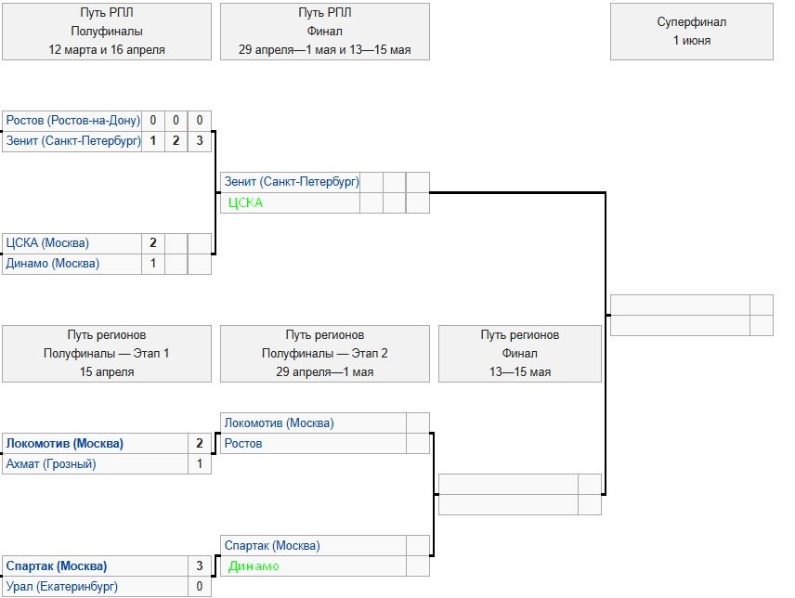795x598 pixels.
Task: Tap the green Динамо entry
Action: pos(254,565)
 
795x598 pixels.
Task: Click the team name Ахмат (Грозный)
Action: pos(51,463)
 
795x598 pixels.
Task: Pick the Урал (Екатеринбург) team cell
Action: pos(62,586)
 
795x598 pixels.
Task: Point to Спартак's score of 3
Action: pos(200,565)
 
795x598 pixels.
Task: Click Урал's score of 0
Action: pos(200,586)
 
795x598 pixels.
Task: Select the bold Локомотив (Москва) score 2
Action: pos(200,443)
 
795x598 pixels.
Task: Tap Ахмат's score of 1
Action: pos(200,463)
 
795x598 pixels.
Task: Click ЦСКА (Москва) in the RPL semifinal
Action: pos(47,243)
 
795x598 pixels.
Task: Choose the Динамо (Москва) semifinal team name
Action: pos(52,264)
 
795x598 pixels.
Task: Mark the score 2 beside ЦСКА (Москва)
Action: pos(153,243)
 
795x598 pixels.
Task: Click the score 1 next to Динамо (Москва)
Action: pos(153,264)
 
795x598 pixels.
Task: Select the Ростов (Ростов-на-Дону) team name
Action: pos(72,121)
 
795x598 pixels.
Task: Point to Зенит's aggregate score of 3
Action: pos(200,141)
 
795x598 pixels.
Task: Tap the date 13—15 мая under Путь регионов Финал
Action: pos(519,371)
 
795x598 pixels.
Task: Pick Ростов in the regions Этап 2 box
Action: pos(243,443)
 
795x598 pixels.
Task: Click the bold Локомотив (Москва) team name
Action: pos(65,443)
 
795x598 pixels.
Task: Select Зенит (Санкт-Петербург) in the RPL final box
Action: pos(292,182)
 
